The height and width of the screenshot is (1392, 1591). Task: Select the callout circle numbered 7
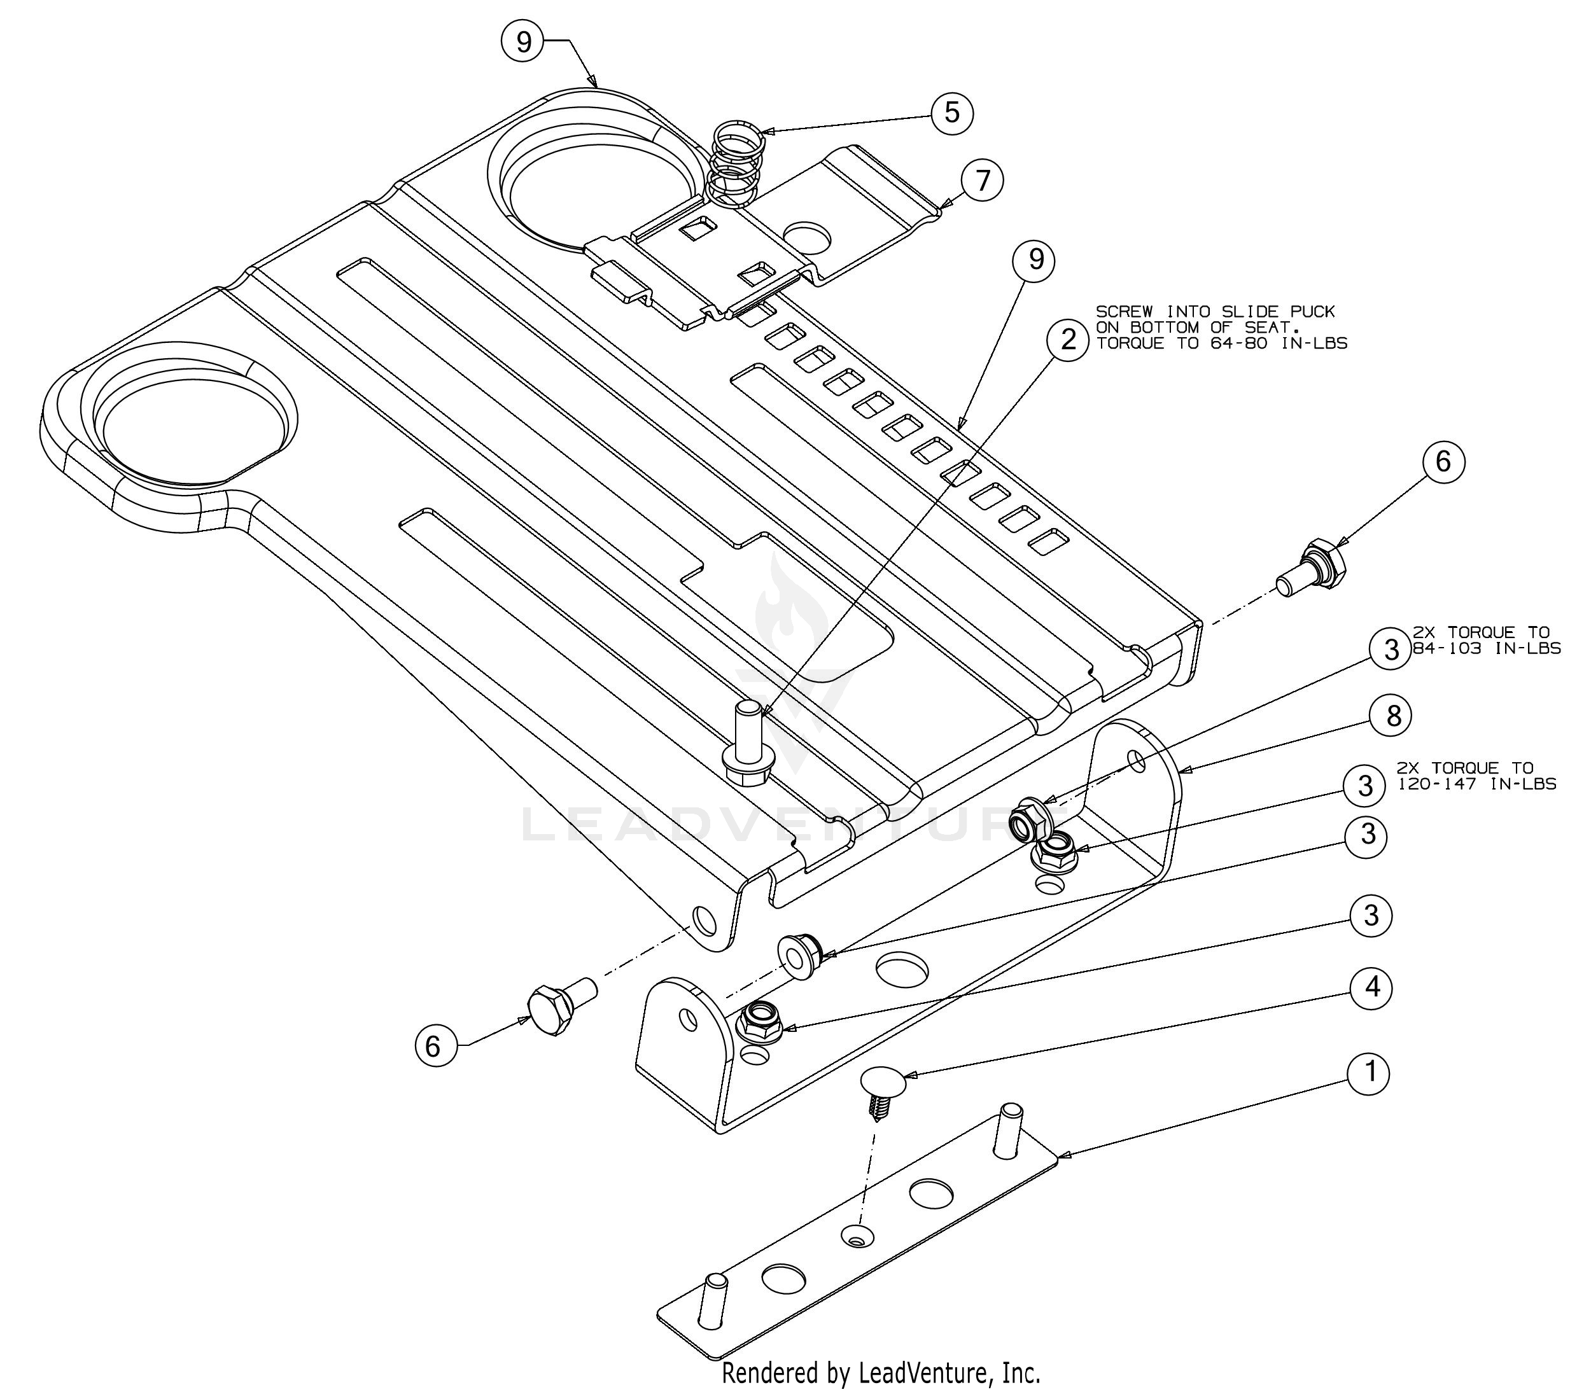click(983, 180)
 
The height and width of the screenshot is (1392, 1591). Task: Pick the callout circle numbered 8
click(1393, 716)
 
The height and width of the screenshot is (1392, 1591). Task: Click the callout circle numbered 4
click(1372, 987)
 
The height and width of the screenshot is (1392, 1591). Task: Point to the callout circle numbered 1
click(1370, 1073)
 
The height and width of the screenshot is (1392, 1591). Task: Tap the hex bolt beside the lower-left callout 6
click(556, 1008)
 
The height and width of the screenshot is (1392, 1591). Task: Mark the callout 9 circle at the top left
click(524, 42)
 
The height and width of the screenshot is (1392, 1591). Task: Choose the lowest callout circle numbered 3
click(1371, 915)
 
